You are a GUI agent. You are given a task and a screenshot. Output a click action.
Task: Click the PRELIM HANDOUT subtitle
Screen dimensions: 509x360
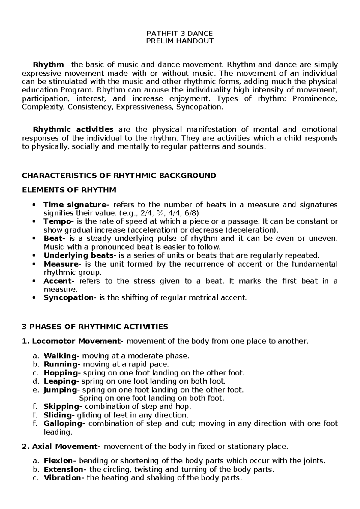[179, 41]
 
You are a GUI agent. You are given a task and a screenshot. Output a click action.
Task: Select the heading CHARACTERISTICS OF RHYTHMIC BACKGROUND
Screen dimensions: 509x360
[119, 176]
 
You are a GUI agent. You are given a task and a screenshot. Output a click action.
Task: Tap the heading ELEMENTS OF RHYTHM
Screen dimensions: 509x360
[69, 190]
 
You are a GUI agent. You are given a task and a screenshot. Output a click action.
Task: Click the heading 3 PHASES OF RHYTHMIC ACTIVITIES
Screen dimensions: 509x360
[95, 327]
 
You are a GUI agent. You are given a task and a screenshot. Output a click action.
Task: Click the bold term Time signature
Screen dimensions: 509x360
[76, 205]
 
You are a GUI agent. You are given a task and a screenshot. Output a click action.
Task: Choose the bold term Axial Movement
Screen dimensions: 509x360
[65, 447]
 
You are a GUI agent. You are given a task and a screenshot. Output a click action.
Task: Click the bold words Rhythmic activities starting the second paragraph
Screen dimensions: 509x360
[73, 130]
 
